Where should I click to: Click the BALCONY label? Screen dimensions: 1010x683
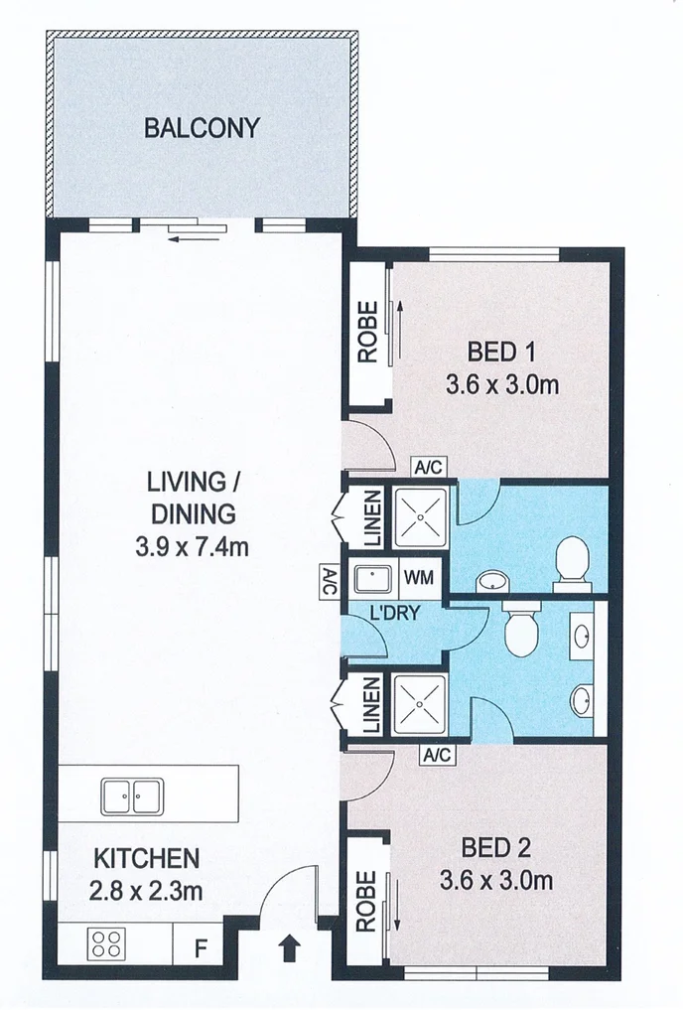[x=202, y=128]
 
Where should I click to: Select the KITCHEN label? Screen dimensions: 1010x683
[x=147, y=858]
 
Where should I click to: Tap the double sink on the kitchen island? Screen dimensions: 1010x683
[x=132, y=794]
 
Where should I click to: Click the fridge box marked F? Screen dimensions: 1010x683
[x=200, y=947]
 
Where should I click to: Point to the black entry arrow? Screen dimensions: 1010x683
[x=289, y=950]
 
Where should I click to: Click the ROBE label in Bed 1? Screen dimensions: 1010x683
[x=367, y=333]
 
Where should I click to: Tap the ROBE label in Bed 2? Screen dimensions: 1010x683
[x=366, y=902]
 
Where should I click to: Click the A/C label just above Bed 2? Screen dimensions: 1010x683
[x=437, y=756]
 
